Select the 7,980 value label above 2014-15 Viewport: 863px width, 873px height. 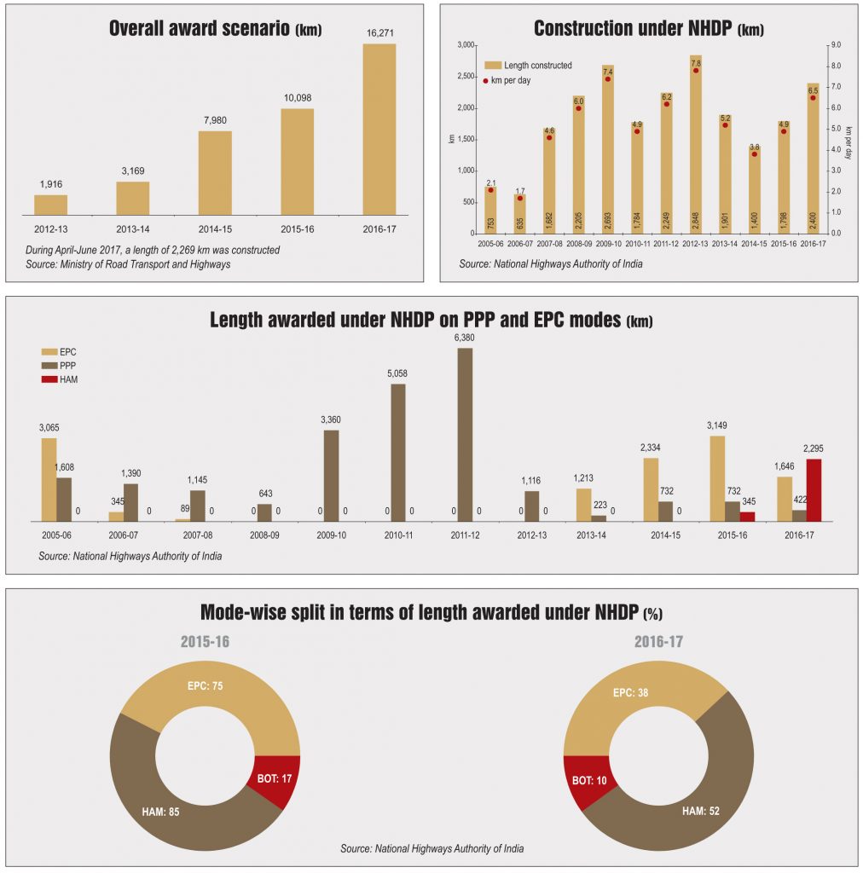point(215,120)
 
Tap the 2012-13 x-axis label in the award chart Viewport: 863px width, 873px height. point(50,229)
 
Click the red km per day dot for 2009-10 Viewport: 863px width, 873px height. point(607,78)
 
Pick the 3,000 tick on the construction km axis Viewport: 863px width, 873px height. point(465,44)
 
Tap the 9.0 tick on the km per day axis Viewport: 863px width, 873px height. point(837,44)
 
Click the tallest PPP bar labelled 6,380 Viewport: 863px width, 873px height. point(465,434)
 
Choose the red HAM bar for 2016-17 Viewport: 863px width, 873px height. point(814,489)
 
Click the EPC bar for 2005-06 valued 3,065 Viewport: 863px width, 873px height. point(49,479)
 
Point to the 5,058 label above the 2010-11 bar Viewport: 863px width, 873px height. point(398,373)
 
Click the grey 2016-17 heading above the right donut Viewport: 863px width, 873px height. point(659,641)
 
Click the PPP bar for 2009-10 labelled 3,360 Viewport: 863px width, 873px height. point(331,475)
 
